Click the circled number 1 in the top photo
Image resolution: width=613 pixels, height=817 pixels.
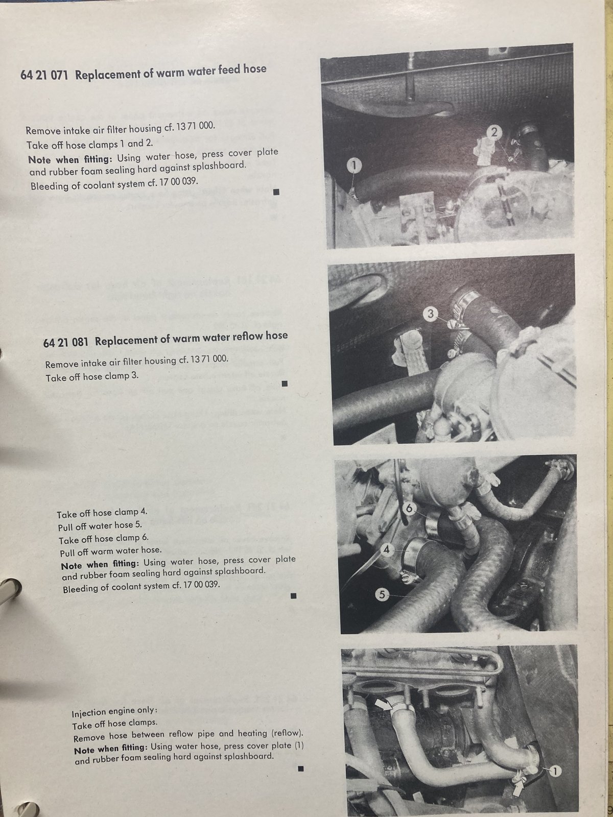pos(354,165)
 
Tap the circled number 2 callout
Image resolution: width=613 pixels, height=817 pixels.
pos(494,132)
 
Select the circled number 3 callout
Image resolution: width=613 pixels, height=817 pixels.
pos(431,314)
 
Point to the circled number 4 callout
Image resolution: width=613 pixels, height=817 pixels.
pos(387,549)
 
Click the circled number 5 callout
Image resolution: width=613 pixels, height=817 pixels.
pos(382,595)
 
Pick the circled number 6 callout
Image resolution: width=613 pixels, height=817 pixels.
pos(409,508)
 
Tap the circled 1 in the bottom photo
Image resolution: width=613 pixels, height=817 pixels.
pos(555,772)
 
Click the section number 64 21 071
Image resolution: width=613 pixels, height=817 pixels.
pos(44,76)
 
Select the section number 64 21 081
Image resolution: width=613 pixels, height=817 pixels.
pos(66,342)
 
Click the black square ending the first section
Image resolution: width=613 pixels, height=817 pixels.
pos(276,192)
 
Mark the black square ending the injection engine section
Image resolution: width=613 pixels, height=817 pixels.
pos(301,768)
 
